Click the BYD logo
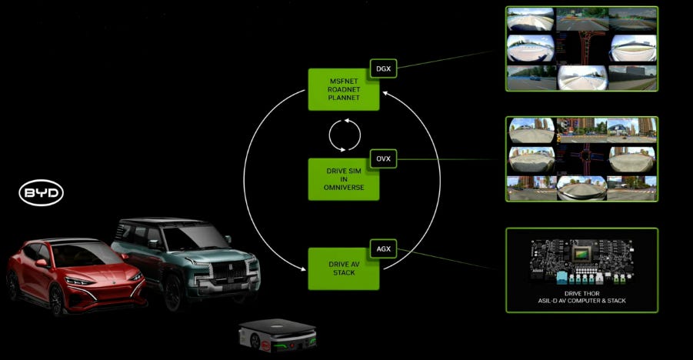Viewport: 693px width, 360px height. [42, 193]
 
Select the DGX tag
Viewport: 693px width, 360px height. [382, 68]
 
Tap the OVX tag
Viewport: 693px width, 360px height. [382, 158]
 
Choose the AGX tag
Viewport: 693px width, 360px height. [382, 248]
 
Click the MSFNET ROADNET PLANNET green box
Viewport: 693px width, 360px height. [343, 89]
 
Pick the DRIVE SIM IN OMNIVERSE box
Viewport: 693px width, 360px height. [343, 179]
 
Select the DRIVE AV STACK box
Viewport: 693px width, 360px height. [343, 268]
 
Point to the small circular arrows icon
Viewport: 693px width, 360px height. [344, 135]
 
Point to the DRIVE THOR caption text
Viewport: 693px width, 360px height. [581, 295]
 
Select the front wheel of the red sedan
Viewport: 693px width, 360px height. [56, 299]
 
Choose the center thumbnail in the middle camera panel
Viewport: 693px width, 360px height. [581, 158]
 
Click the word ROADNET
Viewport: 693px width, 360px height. [343, 89]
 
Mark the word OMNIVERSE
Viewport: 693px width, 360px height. [343, 187]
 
